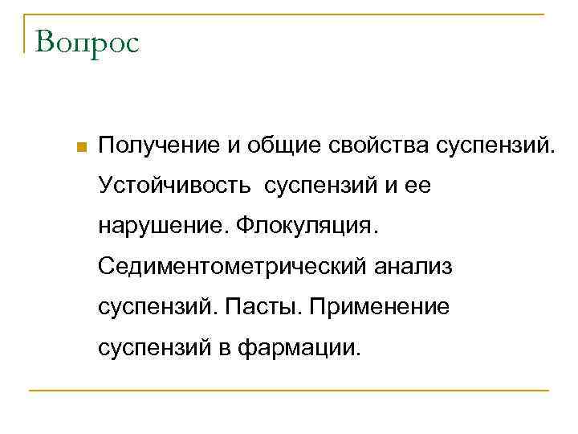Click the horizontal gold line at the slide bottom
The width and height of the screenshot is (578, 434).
pos(289,391)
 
